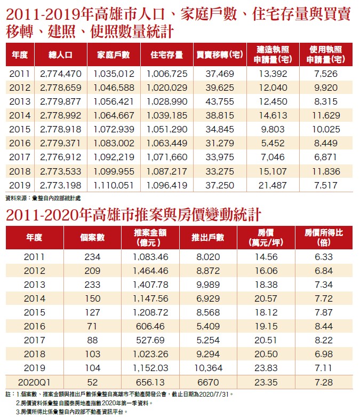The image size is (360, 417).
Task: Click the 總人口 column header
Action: [60, 54]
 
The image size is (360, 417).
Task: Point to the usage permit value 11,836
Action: [325, 171]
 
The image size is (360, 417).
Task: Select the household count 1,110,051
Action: [114, 185]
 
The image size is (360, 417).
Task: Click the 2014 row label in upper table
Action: [21, 115]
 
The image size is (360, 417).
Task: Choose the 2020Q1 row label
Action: [34, 382]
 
